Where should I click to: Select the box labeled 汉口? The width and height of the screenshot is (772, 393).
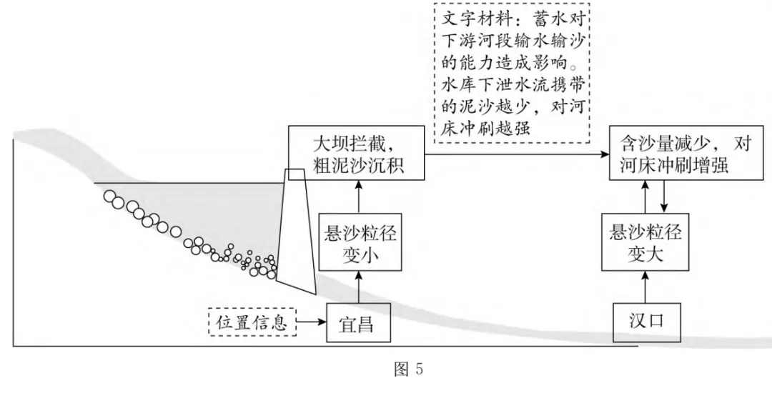(645, 320)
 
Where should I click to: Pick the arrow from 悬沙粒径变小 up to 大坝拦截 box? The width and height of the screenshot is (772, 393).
(355, 196)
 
